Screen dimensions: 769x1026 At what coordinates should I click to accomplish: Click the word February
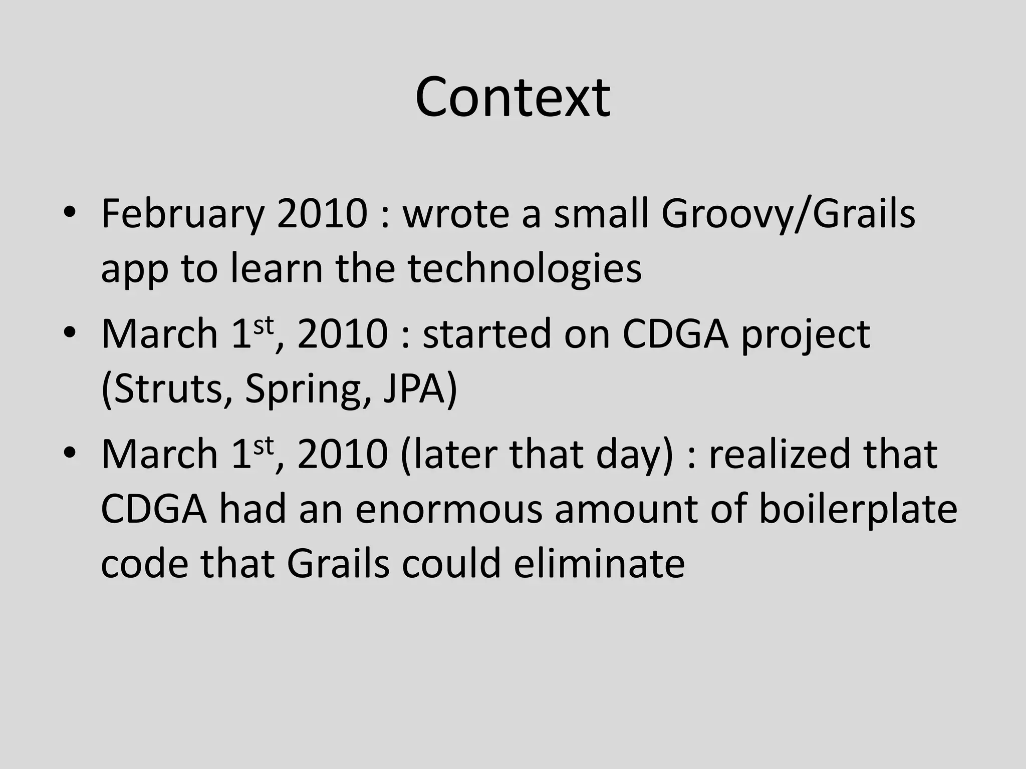[x=182, y=214]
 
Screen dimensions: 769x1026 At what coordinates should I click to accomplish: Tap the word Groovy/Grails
[x=788, y=214]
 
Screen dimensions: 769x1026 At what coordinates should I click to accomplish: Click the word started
[x=486, y=334]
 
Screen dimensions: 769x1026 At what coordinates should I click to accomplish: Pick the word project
[x=805, y=334]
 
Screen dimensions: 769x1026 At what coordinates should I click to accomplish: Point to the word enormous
[x=449, y=509]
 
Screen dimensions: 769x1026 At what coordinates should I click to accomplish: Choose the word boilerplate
[x=857, y=509]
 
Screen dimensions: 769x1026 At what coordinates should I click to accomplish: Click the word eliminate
[x=599, y=564]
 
